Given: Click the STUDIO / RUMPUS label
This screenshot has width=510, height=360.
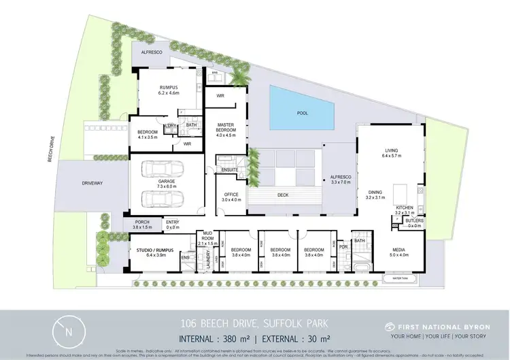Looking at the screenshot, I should tap(152, 252).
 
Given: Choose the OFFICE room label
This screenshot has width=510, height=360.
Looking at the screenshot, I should tap(232, 197).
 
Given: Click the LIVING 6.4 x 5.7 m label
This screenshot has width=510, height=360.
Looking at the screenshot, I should tap(391, 154).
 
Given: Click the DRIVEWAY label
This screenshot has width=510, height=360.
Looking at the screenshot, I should tap(92, 183).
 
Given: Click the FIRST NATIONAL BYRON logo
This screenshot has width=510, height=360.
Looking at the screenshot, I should tap(437, 327).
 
